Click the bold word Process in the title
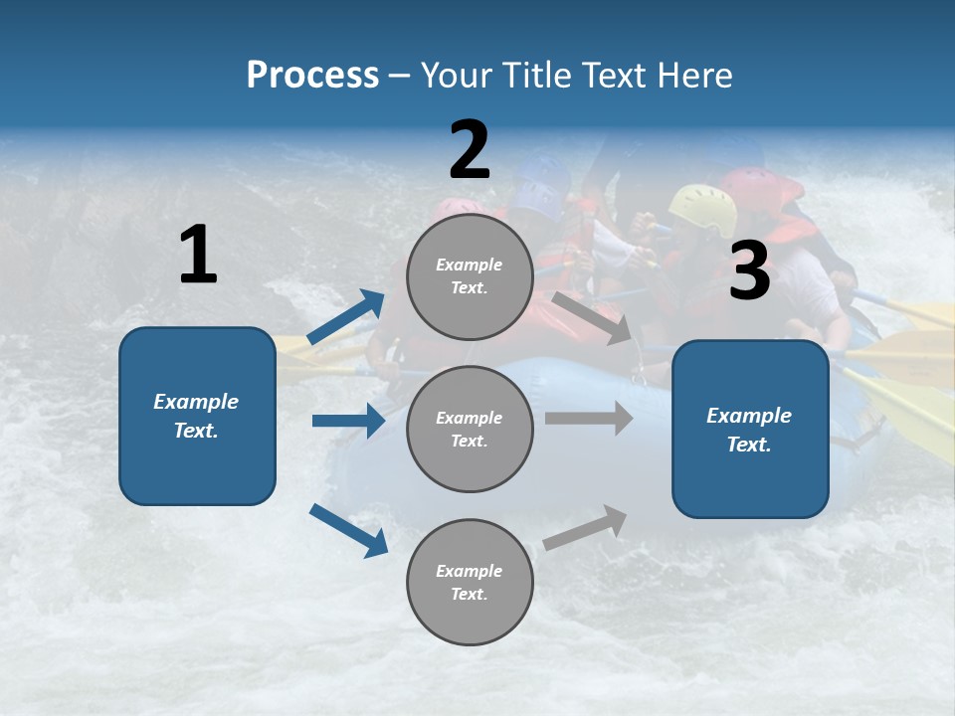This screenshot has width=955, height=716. pyautogui.click(x=312, y=76)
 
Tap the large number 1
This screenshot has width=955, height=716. pyautogui.click(x=198, y=256)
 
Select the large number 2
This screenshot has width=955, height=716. pyautogui.click(x=470, y=151)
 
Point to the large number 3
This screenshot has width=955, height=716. pyautogui.click(x=750, y=271)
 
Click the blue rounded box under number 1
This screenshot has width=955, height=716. pyautogui.click(x=197, y=416)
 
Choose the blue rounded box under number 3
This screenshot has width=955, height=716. pyautogui.click(x=750, y=429)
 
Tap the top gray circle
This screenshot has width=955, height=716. pyautogui.click(x=470, y=276)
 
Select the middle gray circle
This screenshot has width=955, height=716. pyautogui.click(x=470, y=429)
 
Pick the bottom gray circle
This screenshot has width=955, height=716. pyautogui.click(x=470, y=582)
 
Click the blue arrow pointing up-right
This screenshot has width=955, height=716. pyautogui.click(x=346, y=317)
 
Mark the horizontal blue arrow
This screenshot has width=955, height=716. pyautogui.click(x=348, y=421)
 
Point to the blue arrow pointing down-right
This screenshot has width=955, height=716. pyautogui.click(x=348, y=530)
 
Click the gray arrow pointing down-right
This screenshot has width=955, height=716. pyautogui.click(x=592, y=317)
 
